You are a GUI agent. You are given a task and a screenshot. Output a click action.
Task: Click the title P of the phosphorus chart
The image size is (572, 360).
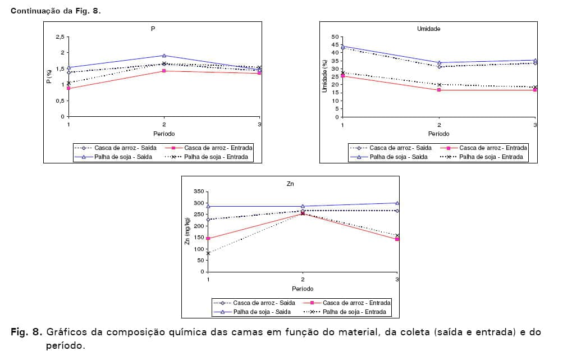[x=153, y=28]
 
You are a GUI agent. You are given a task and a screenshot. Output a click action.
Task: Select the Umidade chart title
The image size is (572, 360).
[x=428, y=28]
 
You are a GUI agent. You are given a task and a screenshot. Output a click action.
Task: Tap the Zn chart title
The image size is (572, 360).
[x=290, y=183]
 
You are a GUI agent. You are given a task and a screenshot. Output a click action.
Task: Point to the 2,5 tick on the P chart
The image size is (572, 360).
[x=60, y=37]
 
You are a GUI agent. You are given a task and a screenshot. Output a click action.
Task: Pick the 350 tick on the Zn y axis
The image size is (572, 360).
[x=198, y=192]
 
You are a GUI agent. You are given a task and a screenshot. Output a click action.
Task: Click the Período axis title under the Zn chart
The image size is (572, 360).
[x=303, y=289]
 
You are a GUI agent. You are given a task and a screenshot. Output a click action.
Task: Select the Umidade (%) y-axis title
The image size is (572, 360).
[x=324, y=76]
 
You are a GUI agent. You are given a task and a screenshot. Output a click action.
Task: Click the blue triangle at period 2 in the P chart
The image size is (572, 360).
[x=164, y=56]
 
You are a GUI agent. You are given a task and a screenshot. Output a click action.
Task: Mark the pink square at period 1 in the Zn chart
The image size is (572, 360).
[x=208, y=238]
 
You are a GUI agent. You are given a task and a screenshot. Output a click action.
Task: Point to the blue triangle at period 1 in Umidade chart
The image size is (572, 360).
[x=343, y=46]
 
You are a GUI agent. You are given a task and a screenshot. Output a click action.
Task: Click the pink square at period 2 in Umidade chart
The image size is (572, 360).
[x=439, y=90]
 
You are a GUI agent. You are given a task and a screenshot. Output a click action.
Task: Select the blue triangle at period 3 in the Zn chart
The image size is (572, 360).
[x=397, y=203]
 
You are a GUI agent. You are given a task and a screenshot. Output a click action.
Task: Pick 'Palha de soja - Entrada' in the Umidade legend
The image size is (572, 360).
[x=491, y=157]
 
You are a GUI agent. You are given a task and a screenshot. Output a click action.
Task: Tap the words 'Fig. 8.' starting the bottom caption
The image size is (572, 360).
[x=26, y=332]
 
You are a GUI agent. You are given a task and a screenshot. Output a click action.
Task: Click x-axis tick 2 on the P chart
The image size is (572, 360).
[x=164, y=124]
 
